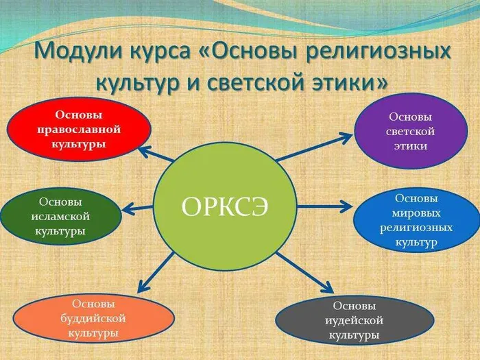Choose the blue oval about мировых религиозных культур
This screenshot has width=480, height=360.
(x=416, y=221)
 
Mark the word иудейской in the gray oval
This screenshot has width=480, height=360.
(x=355, y=320)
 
